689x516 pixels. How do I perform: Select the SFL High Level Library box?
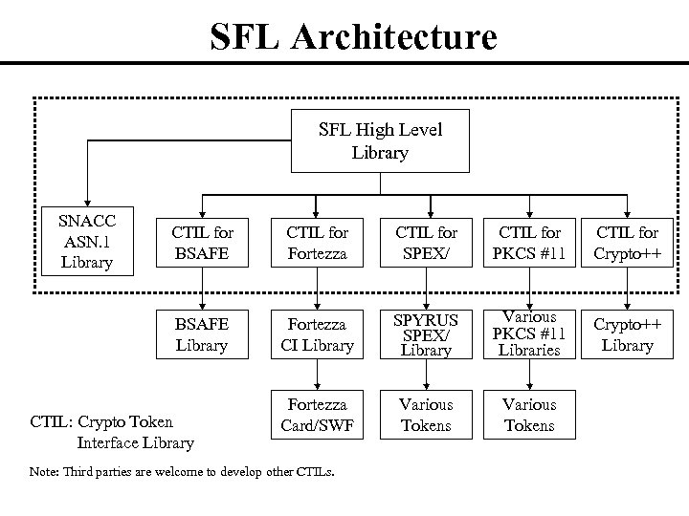381,140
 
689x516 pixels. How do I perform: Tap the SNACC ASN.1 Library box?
86,240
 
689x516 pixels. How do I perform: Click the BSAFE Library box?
202,334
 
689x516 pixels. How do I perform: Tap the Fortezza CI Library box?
317,334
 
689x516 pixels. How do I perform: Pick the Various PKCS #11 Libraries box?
529,334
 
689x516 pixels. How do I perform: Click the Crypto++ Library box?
627,334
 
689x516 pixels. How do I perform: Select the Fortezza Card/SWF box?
317,415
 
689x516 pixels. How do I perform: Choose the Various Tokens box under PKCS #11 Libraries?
529,415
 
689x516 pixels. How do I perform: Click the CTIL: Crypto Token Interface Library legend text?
112,432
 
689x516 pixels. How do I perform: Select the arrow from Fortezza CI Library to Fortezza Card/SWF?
317,374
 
